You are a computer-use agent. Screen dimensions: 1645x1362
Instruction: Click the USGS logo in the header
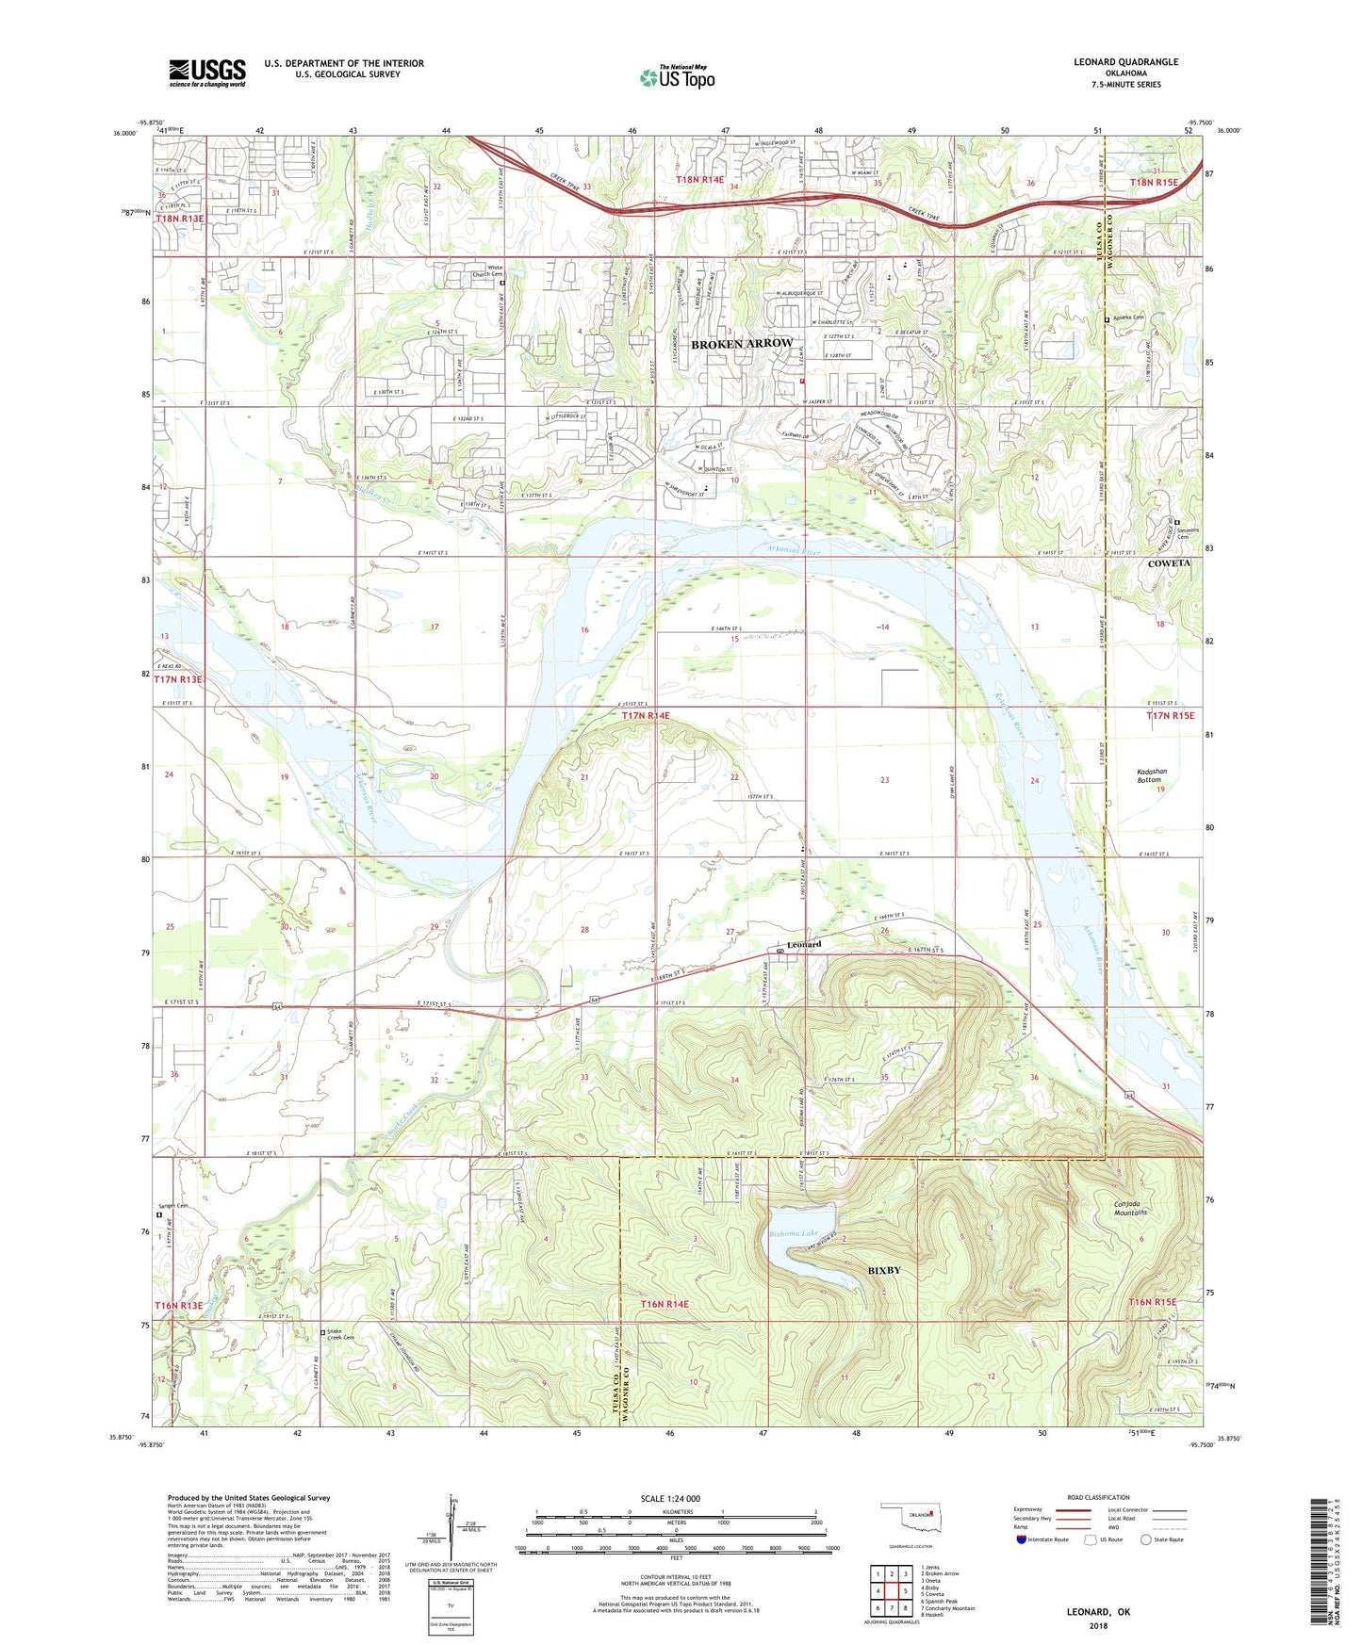click(x=207, y=72)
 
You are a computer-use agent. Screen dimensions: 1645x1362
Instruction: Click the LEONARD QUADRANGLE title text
click(x=1125, y=62)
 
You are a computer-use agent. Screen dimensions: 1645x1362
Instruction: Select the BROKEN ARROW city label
click(x=741, y=345)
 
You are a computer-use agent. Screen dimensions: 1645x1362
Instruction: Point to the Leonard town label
click(x=804, y=944)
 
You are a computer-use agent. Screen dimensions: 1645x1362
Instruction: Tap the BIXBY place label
click(x=883, y=1270)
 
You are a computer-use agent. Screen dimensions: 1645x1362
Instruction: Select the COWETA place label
click(x=1168, y=563)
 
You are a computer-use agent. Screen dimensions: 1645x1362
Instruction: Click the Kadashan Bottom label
click(x=1151, y=775)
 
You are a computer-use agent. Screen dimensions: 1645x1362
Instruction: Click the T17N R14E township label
click(x=646, y=716)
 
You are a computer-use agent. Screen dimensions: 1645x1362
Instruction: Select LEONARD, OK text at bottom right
click(x=1098, y=1612)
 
